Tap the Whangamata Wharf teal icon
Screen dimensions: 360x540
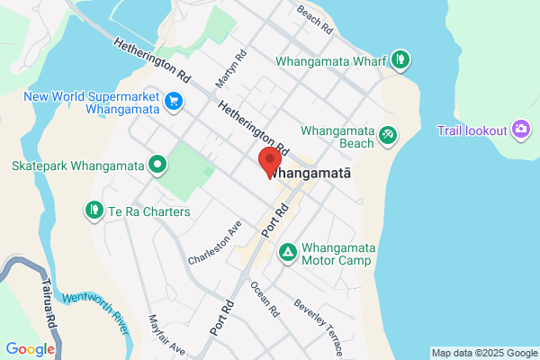(x=400, y=61)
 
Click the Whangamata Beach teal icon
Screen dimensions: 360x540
(x=388, y=134)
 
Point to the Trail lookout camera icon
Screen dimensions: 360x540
(x=520, y=130)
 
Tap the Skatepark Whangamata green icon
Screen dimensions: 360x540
(x=157, y=165)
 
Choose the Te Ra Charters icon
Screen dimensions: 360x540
(x=94, y=211)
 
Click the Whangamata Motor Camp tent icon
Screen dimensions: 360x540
(x=287, y=251)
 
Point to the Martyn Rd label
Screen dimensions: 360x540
(x=226, y=69)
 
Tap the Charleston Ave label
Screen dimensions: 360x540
(x=215, y=243)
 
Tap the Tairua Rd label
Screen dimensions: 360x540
(x=47, y=301)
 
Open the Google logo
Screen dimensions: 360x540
(x=30, y=349)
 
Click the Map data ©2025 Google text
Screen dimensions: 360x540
(x=483, y=352)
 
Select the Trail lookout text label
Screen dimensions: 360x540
(x=472, y=130)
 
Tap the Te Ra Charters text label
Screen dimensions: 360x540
(x=149, y=211)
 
